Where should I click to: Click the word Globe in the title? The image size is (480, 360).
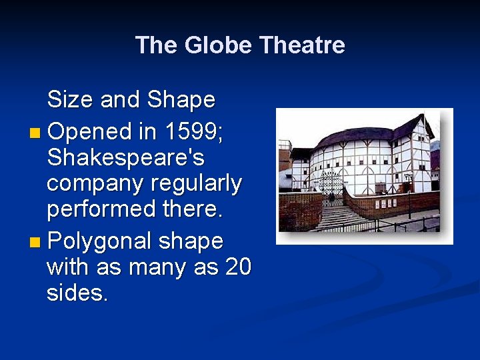pos(217,45)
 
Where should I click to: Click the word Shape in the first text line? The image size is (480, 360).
pos(181,100)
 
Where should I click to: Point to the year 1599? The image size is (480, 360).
pos(193,131)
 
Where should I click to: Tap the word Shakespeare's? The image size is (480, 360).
pos(125,158)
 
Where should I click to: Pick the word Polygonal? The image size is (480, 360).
pos(101,240)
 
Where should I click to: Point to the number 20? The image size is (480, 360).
pos(238,267)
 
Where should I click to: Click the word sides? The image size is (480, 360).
pos(77,293)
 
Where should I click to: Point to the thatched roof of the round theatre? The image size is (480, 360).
pos(360,135)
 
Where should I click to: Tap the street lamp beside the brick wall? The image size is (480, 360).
pos(408,193)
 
